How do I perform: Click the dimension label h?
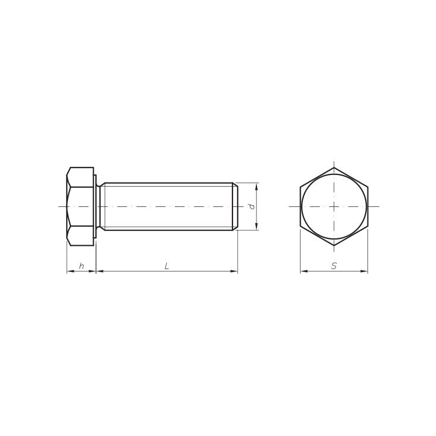click(x=81, y=266)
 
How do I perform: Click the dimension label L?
click(x=167, y=266)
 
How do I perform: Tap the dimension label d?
click(x=252, y=206)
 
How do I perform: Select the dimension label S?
click(x=334, y=266)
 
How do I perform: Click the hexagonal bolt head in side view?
click(x=80, y=206)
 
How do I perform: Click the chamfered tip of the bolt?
click(x=235, y=206)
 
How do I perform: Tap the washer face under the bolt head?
click(x=95, y=206)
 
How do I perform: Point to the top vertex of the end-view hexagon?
click(x=334, y=167)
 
